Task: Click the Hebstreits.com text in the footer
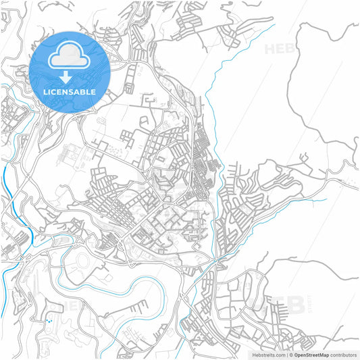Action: coord(268,354)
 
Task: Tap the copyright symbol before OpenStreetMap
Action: coord(290,354)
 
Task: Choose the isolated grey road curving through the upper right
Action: coord(297,101)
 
